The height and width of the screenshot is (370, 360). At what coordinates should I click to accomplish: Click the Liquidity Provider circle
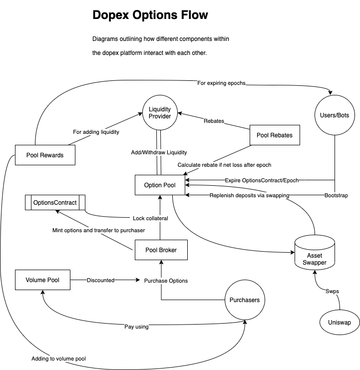(x=160, y=112)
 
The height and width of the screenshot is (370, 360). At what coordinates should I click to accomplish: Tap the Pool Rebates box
(x=275, y=135)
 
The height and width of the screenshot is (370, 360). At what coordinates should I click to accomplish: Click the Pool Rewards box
(x=45, y=155)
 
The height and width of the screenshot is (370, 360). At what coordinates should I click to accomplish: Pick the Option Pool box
(x=160, y=185)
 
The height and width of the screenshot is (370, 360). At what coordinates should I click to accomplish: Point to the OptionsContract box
(x=55, y=202)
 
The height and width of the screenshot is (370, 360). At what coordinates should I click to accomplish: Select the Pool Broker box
(x=161, y=250)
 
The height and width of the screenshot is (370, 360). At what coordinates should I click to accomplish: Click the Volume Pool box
(x=42, y=280)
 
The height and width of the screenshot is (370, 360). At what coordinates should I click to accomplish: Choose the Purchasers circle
(x=244, y=300)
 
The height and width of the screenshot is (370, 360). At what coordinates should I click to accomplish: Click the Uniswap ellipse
(x=340, y=322)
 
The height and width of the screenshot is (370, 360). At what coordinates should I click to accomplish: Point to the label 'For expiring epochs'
(x=221, y=83)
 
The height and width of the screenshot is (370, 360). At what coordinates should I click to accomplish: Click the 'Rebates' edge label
(x=214, y=121)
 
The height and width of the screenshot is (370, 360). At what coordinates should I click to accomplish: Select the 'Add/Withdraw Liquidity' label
(x=159, y=152)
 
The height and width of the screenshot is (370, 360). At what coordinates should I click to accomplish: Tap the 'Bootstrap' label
(x=336, y=195)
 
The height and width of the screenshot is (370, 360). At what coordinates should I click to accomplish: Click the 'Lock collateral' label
(x=150, y=218)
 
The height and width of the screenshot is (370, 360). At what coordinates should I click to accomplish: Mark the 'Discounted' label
(x=100, y=280)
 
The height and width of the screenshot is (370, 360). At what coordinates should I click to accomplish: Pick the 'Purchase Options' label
(x=166, y=281)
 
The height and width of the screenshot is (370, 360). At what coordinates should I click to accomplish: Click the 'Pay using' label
(x=136, y=327)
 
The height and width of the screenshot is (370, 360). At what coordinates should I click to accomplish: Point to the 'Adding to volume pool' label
(x=62, y=359)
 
